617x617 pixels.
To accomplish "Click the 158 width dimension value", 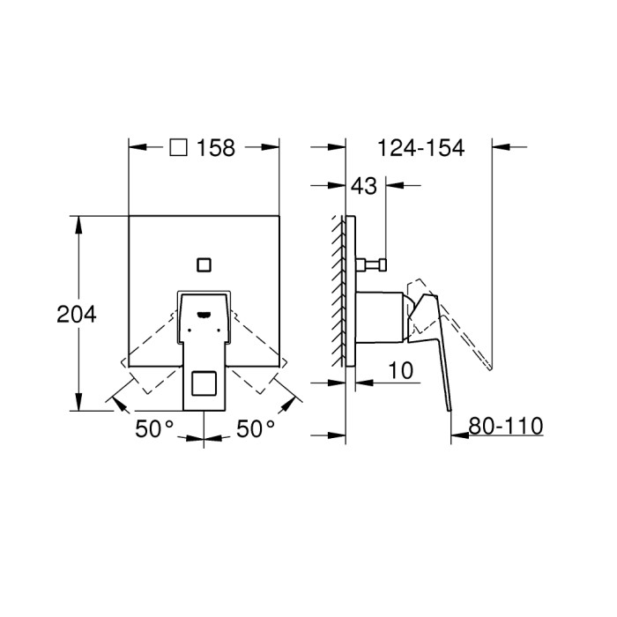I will [217, 148].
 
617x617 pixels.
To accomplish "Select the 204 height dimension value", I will [76, 314].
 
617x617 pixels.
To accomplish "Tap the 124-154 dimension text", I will [420, 148].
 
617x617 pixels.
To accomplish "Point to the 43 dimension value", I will [363, 186].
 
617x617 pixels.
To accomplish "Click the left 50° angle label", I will [155, 429].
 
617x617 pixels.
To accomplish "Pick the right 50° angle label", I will [256, 429].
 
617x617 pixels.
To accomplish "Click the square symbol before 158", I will [179, 148].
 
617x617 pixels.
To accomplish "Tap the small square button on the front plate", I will [204, 264].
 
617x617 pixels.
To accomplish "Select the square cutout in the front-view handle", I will [204, 385].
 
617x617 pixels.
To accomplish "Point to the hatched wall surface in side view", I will [337, 291].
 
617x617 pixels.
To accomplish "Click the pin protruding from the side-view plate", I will [374, 264].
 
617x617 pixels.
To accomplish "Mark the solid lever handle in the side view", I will [434, 353].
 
